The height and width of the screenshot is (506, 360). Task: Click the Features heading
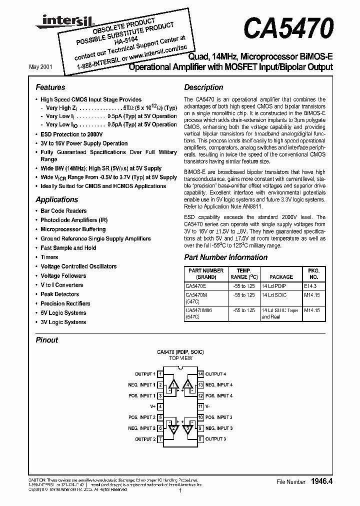point(50,87)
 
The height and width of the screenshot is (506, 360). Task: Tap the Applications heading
point(56,199)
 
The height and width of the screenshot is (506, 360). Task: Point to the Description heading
point(203,87)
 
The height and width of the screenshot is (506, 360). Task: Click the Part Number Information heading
point(225,257)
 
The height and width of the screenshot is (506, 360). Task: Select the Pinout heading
point(47,340)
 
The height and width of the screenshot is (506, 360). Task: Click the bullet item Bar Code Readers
point(63,211)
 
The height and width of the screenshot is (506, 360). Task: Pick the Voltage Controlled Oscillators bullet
point(78,266)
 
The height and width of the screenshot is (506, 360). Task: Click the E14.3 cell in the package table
point(311,286)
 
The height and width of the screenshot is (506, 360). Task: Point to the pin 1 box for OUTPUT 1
point(160,374)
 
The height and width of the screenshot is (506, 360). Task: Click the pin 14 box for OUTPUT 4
point(200,374)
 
